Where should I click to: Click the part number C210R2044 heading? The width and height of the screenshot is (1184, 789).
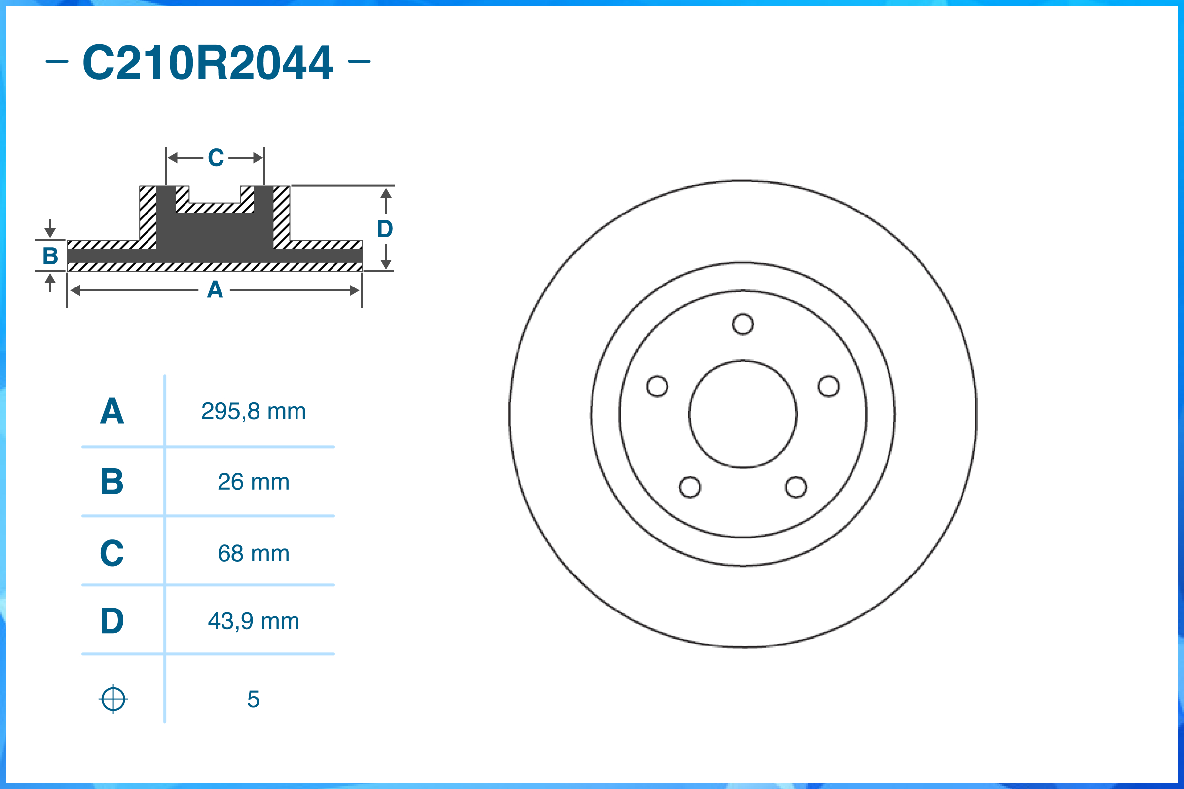click(x=207, y=62)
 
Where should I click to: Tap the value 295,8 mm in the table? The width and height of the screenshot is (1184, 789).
click(x=253, y=412)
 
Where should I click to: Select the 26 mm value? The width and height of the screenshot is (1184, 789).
click(x=253, y=482)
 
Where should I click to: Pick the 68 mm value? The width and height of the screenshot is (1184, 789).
click(x=253, y=553)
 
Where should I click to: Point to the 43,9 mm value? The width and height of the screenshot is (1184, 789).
click(x=253, y=621)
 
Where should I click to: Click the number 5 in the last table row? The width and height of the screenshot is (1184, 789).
click(x=253, y=699)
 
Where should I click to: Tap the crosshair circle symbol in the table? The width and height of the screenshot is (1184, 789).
click(x=113, y=699)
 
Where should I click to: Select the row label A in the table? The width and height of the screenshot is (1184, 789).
click(x=112, y=411)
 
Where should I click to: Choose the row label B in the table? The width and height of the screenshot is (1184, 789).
click(x=112, y=482)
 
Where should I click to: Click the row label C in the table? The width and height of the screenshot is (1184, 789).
click(x=112, y=553)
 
